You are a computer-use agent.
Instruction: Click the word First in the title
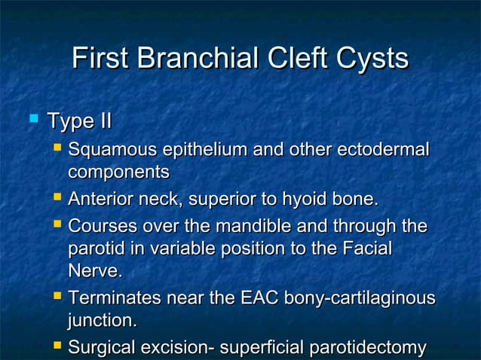(x=102, y=59)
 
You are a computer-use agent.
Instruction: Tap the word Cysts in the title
(x=369, y=59)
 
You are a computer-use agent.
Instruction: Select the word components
(x=118, y=172)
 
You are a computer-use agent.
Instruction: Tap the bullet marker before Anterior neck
(x=57, y=199)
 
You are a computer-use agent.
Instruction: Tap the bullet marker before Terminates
(x=57, y=297)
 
